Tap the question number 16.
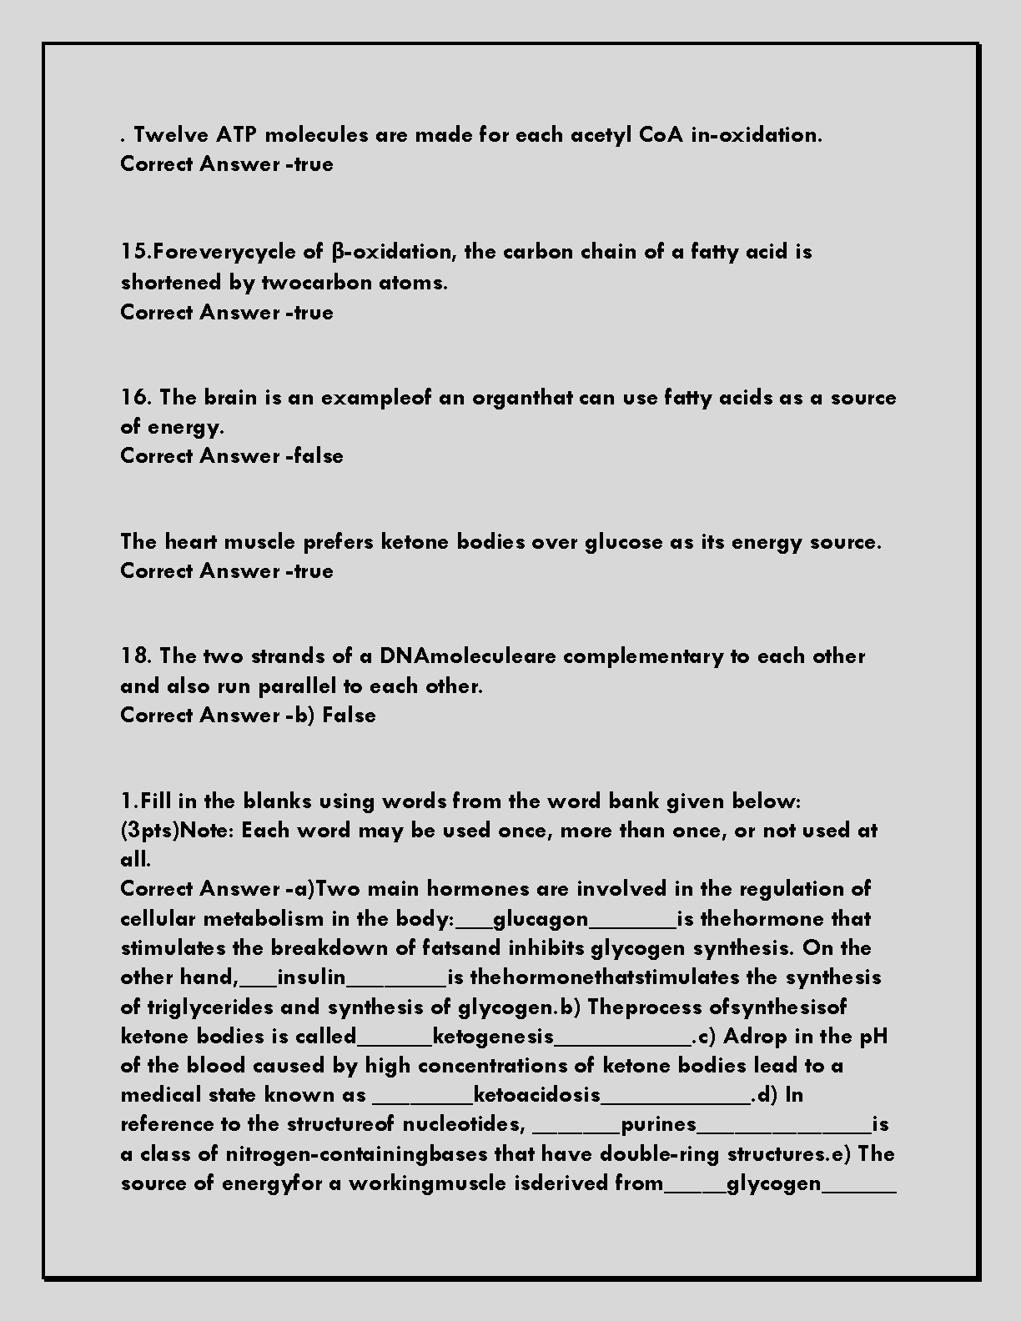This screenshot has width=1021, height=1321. tap(136, 398)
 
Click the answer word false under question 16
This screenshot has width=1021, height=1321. tap(318, 456)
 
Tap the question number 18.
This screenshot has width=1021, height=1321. tap(136, 656)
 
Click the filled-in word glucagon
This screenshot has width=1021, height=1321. tap(541, 919)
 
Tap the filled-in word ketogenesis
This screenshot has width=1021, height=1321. tap(494, 1037)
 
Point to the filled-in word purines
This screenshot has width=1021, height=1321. tap(659, 1124)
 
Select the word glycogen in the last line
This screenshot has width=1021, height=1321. tap(774, 1183)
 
